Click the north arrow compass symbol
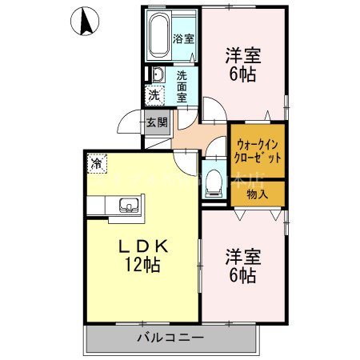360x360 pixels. (x=85, y=21)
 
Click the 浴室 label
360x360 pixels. (x=183, y=37)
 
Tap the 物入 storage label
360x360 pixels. (x=258, y=193)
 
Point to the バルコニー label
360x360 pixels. (x=170, y=338)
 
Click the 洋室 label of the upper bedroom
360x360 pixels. (x=243, y=56)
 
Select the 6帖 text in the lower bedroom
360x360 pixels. (x=243, y=276)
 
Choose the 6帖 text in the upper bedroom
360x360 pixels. (x=243, y=75)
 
